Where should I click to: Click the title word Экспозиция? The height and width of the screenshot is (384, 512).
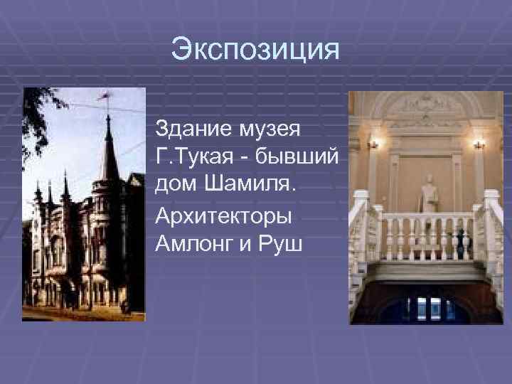pos(256,50)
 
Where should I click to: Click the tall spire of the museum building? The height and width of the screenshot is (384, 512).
pos(109,149)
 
